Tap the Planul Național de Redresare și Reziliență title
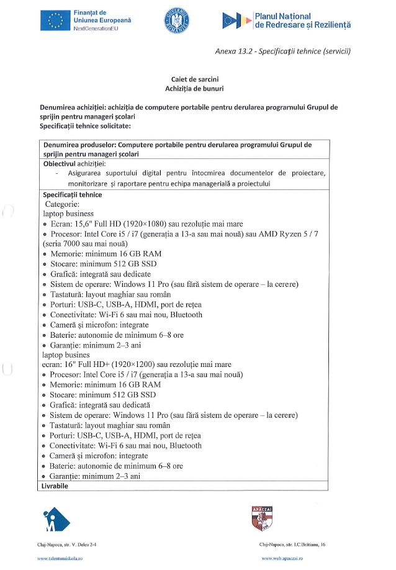302,20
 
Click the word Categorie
62,204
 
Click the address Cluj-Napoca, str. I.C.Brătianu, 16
292,545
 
